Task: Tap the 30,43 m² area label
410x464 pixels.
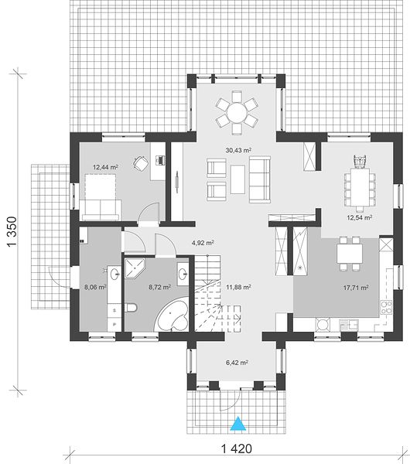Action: pos(238,150)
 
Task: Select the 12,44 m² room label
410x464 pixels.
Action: pos(105,167)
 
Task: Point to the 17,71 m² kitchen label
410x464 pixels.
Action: pos(356,288)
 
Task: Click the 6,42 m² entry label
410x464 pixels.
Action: pos(237,363)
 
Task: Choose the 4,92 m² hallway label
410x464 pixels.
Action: pos(203,243)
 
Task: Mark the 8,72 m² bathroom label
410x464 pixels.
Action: pos(160,287)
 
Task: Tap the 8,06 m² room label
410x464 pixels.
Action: pos(95,287)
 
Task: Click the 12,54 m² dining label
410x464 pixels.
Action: pos(360,218)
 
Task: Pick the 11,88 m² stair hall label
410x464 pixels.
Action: pos(238,287)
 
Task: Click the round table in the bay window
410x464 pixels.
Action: pos(237,112)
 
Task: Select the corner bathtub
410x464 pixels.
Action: pos(173,316)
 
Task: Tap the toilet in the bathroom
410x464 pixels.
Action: pos(131,308)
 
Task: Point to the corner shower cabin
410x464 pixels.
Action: pos(135,268)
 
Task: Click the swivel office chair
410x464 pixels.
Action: pos(141,162)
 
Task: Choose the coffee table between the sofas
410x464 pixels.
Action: pos(237,179)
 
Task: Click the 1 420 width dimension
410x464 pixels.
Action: pos(237,449)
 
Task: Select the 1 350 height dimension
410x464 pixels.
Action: pos(12,232)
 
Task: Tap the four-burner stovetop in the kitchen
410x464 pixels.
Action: pos(386,307)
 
